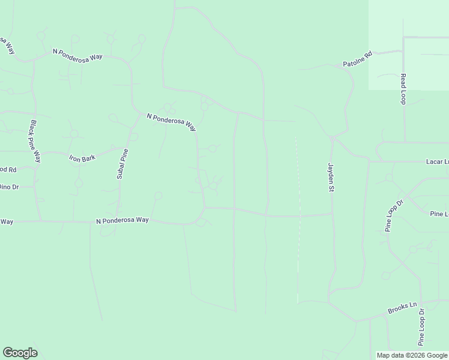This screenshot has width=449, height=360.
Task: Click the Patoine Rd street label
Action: pos(358,58)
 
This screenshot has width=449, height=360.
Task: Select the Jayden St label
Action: pos(330,177)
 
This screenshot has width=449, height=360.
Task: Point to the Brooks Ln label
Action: pos(402,308)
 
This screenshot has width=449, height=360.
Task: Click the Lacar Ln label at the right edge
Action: pos(437,161)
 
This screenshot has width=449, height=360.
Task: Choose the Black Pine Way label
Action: pos(35,142)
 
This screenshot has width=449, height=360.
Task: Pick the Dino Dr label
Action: pos(10,187)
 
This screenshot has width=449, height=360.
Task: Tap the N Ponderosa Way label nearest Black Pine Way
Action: pos(77,55)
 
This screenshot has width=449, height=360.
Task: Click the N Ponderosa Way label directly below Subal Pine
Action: pos(122,220)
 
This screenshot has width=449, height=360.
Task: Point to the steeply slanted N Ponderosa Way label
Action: pos(172,122)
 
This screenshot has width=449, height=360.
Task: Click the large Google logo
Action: pos(20,352)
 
